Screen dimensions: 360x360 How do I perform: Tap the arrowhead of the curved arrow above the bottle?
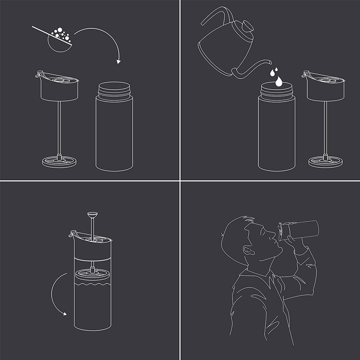click(118, 62)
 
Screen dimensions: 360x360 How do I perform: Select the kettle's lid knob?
click(247, 26)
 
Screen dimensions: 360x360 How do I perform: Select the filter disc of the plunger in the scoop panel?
click(59, 162)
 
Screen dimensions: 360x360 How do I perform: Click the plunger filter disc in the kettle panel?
click(325, 162)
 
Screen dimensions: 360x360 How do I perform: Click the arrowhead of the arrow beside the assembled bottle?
click(64, 313)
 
